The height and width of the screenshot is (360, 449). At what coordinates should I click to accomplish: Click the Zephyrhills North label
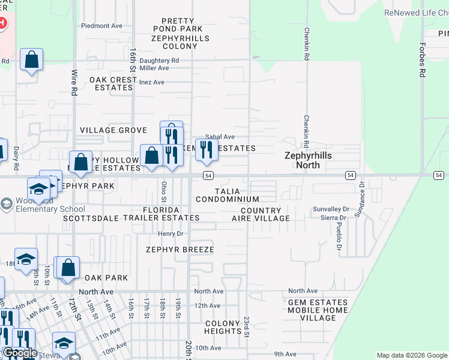click(x=308, y=160)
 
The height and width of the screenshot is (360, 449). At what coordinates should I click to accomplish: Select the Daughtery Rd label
click(x=159, y=61)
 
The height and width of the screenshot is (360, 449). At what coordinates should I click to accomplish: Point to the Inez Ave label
click(x=151, y=82)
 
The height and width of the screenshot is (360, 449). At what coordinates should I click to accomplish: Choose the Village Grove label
click(x=113, y=130)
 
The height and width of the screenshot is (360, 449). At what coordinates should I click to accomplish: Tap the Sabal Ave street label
click(x=220, y=137)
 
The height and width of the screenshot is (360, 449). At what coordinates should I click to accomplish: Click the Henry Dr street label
click(x=170, y=233)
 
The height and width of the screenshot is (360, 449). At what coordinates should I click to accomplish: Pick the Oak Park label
click(x=106, y=278)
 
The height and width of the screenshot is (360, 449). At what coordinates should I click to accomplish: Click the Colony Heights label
click(x=223, y=327)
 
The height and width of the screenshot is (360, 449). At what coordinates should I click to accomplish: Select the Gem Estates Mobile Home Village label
click(x=318, y=306)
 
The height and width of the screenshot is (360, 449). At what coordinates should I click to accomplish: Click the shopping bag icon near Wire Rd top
click(x=31, y=59)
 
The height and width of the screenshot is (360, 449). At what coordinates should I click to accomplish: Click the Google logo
click(x=20, y=353)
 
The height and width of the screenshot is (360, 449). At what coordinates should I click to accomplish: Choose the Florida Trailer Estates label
click(x=162, y=214)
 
